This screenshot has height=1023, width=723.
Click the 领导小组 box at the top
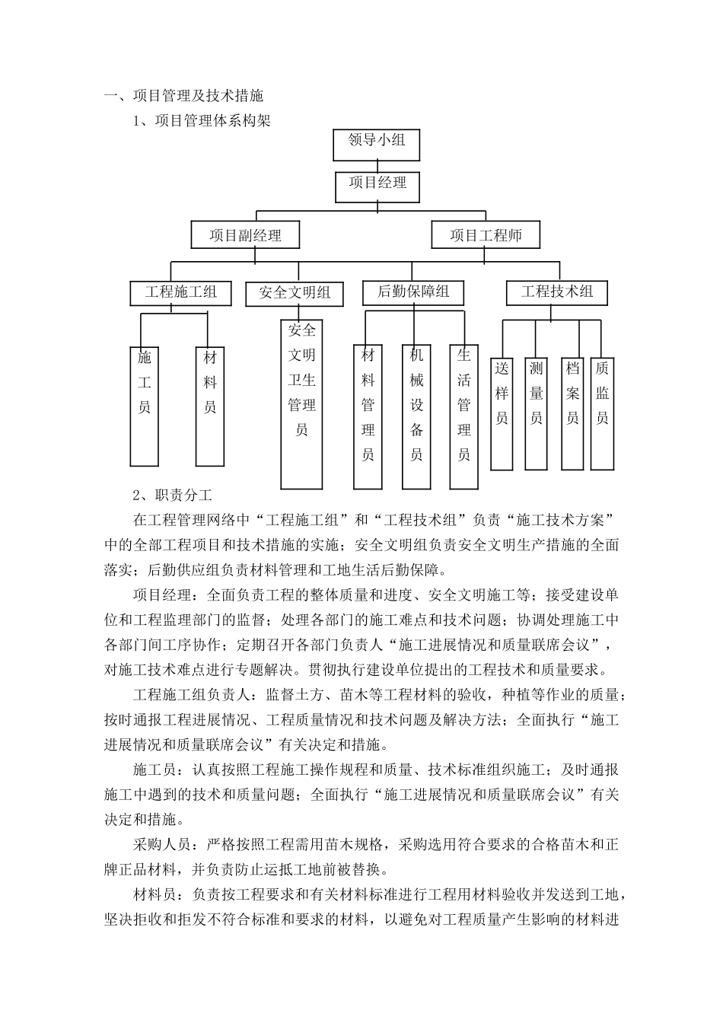[376, 144]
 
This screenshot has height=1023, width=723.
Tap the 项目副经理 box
[245, 235]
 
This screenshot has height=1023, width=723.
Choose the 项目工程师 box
[486, 235]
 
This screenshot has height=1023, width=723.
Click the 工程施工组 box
[181, 292]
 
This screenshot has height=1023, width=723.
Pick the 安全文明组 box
[294, 293]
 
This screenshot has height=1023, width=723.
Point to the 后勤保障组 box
[413, 292]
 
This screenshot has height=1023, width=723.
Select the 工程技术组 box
[557, 292]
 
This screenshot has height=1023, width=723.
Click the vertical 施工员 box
[145, 406]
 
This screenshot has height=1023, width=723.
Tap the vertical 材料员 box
[210, 406]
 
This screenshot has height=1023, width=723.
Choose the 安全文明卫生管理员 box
[301, 403]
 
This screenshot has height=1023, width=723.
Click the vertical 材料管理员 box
[368, 416]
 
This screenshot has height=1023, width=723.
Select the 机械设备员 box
[416, 416]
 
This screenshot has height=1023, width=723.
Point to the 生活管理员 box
[464, 416]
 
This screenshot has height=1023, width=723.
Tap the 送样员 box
[502, 413]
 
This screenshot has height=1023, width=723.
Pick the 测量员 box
[536, 413]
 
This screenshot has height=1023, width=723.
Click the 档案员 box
[572, 413]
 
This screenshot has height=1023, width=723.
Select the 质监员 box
[602, 413]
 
